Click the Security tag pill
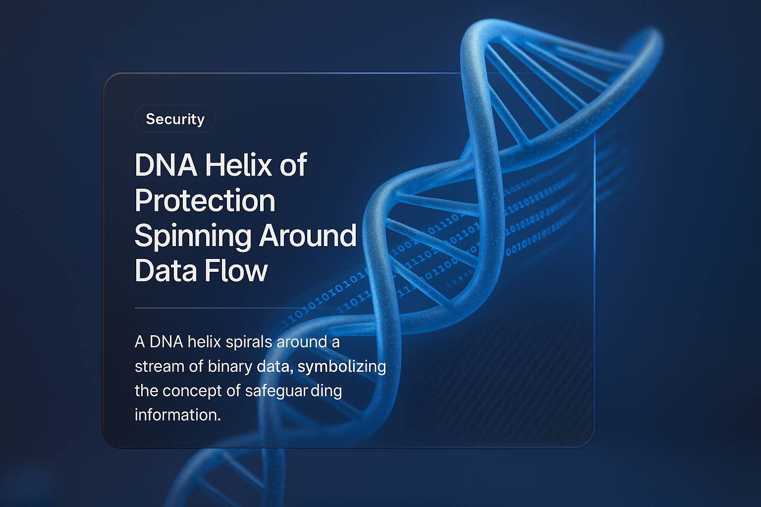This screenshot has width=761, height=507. pos(175,119)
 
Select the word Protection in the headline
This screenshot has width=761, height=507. pos(205,201)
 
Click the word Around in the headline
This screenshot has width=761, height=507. pos(308,236)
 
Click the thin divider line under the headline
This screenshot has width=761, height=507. pos(223,308)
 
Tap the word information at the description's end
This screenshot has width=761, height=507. pos(177,415)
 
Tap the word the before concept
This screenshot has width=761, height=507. pos(146,391)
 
